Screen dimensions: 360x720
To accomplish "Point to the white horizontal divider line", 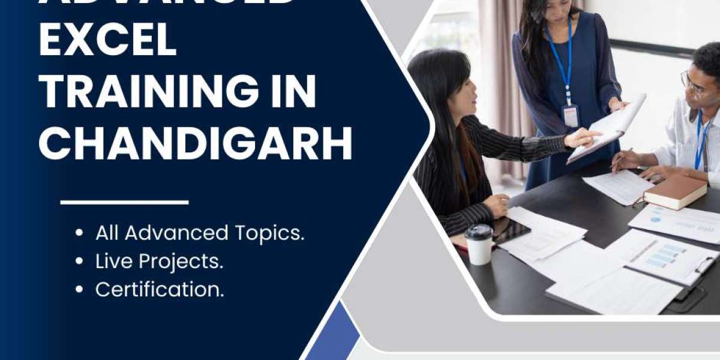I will (125, 203).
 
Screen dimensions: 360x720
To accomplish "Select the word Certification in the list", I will (159, 290).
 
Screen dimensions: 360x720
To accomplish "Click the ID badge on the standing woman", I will (571, 115).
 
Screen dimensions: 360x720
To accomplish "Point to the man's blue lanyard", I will (700, 138).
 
